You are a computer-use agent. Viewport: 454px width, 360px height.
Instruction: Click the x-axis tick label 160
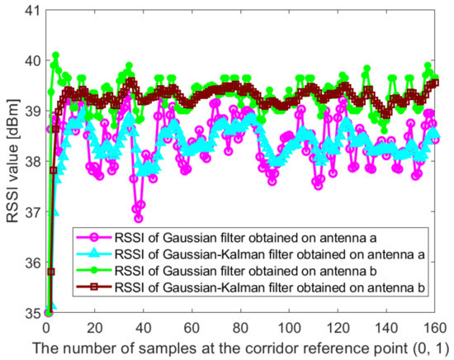click(x=437, y=326)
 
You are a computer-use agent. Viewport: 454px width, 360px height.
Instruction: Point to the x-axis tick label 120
click(x=339, y=326)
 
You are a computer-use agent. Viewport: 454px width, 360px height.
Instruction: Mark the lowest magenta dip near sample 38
click(x=138, y=219)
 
